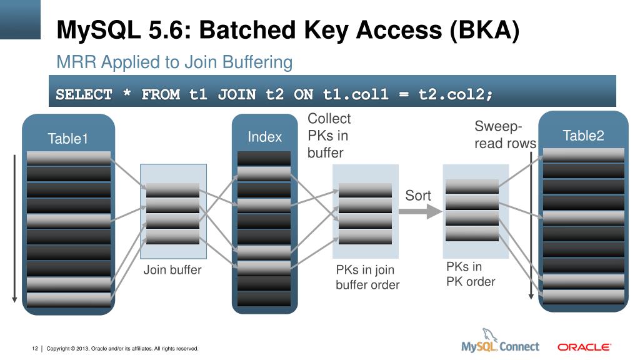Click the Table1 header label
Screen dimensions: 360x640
[x=68, y=139]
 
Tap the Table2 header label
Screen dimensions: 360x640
[x=583, y=136]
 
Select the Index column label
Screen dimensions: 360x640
[x=264, y=137]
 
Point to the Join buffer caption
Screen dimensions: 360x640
[x=172, y=270]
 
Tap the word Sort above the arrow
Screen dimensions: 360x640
[x=418, y=196]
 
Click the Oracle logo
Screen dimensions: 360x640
[x=584, y=346]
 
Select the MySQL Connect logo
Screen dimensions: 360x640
[x=499, y=343]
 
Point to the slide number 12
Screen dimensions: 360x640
[x=35, y=348]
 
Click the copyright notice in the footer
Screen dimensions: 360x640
[x=122, y=348]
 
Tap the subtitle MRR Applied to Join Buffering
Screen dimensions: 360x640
[x=174, y=62]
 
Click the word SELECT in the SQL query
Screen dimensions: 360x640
[x=84, y=94]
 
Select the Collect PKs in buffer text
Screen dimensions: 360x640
[x=329, y=136]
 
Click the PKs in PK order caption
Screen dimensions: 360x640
[x=470, y=274]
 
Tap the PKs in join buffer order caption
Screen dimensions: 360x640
[x=367, y=277]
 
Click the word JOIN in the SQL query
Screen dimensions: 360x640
[x=237, y=94]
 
